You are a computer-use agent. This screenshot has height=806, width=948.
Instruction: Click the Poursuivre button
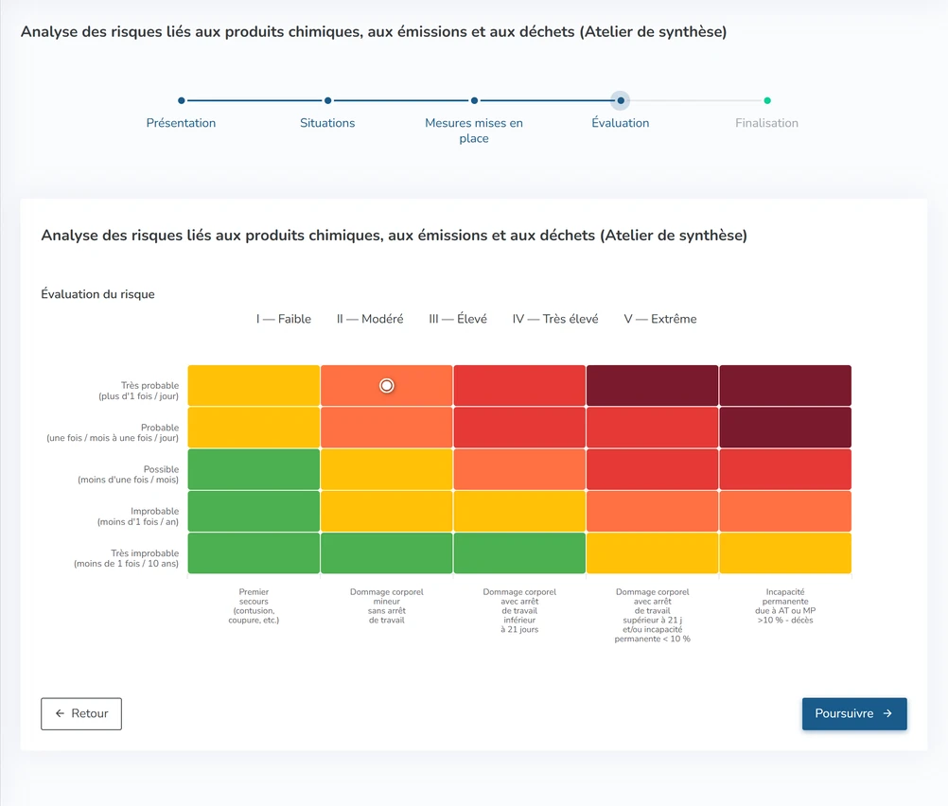(854, 713)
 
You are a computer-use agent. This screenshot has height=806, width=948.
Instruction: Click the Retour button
(81, 713)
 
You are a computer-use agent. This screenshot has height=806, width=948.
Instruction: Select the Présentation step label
(181, 123)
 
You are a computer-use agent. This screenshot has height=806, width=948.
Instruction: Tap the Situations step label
(327, 123)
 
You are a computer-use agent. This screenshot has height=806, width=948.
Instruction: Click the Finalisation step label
(766, 123)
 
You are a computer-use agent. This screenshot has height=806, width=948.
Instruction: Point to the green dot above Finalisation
(767, 100)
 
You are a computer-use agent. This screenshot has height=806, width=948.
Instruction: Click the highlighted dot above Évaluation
(621, 100)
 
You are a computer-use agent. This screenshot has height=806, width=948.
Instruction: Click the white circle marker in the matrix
(386, 385)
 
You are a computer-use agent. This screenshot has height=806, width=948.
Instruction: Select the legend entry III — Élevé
(458, 319)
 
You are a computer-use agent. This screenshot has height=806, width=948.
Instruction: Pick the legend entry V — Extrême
(660, 319)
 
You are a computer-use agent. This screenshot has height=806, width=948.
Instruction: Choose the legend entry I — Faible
(284, 319)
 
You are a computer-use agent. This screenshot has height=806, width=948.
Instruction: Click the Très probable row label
(139, 391)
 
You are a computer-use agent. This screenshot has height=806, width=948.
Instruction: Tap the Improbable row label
(138, 517)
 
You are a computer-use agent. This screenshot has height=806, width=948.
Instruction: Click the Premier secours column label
(254, 605)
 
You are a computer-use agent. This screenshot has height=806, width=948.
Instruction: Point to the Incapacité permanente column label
(785, 605)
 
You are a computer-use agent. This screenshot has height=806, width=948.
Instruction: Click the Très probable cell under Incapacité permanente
(785, 385)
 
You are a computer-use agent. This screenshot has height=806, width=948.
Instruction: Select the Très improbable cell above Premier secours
(254, 552)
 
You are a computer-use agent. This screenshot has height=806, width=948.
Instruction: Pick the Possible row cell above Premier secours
(254, 469)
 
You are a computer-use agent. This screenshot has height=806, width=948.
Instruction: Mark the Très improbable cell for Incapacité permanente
(785, 552)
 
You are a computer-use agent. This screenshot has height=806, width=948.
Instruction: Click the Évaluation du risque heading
(98, 294)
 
